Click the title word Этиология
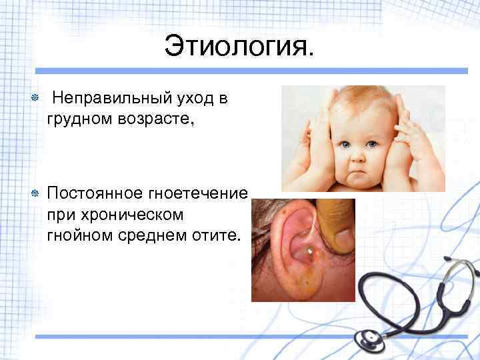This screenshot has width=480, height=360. point(238,47)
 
